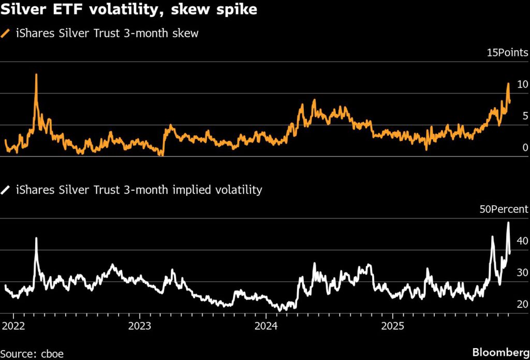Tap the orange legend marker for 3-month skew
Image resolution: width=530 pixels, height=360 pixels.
click(x=6, y=34)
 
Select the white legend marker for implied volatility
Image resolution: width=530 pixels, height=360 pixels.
click(x=6, y=190)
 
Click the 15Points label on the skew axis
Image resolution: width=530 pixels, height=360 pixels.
click(x=507, y=52)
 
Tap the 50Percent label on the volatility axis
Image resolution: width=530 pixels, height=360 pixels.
click(x=503, y=209)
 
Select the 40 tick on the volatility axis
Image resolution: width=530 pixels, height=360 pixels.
click(x=522, y=241)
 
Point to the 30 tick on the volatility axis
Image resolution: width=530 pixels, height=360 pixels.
click(x=522, y=272)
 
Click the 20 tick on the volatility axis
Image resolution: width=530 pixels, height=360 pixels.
click(x=522, y=304)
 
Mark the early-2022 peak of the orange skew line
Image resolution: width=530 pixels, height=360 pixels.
click(x=36, y=75)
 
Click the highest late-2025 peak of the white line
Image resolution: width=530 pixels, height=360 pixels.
click(x=508, y=223)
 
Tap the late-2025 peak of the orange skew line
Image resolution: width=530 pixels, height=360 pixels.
click(x=508, y=83)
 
